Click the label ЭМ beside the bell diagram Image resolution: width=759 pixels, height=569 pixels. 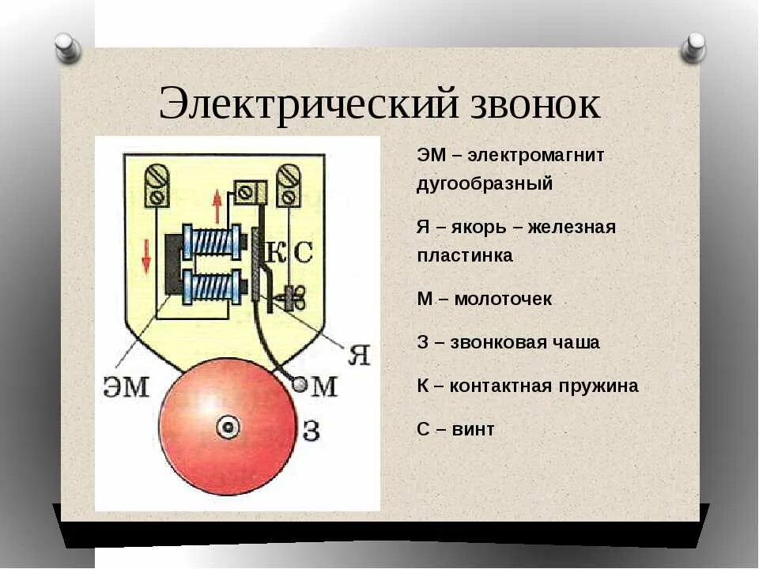coord(126,386)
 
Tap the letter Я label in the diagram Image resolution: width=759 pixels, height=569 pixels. coord(358,355)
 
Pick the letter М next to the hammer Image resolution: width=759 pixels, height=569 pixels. coord(324,386)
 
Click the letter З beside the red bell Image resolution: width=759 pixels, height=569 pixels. coord(311,431)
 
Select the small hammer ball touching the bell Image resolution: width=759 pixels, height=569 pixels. coord(299,384)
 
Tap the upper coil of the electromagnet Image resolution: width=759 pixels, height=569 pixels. coord(212,242)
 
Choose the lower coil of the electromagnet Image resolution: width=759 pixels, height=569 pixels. coord(212,285)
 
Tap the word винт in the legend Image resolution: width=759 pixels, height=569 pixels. coord(474,429)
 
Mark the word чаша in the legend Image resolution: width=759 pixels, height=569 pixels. coord(576,343)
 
